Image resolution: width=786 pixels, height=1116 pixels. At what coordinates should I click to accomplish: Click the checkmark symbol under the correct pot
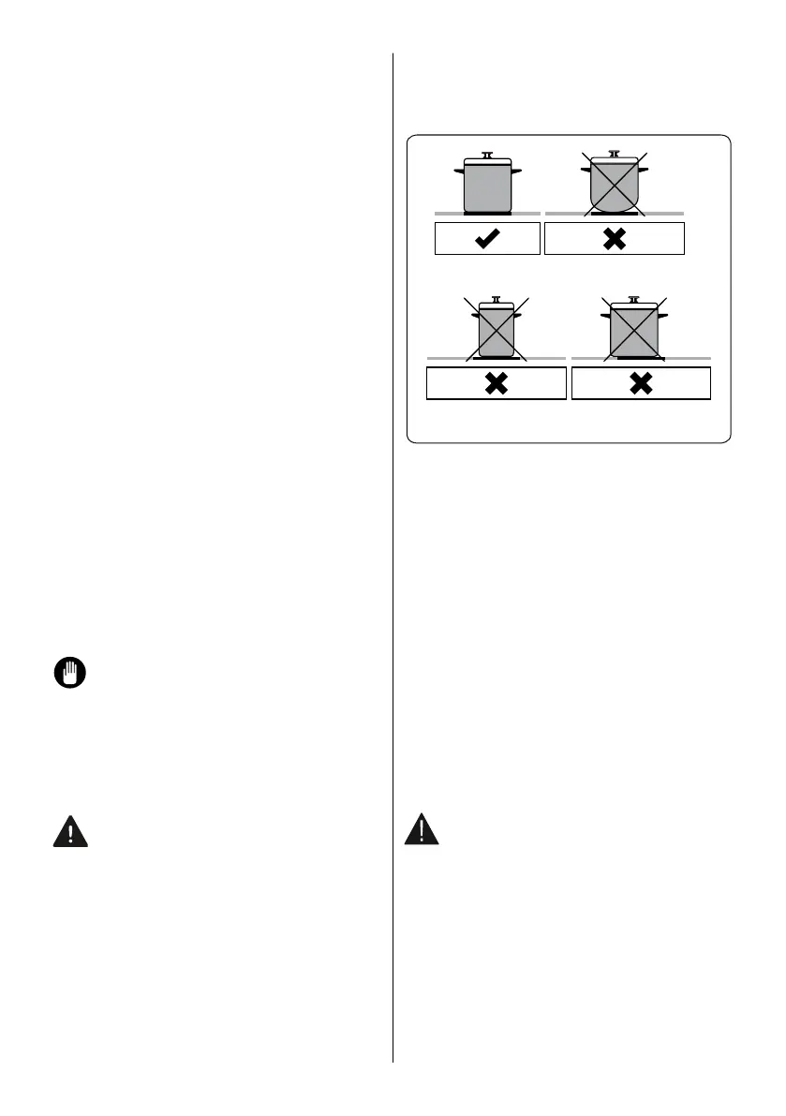tap(488, 240)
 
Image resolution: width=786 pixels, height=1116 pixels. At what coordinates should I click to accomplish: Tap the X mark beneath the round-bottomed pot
tap(614, 240)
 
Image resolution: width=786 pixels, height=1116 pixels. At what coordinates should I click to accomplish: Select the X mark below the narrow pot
tap(497, 384)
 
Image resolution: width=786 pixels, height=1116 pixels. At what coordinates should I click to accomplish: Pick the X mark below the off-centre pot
tap(641, 384)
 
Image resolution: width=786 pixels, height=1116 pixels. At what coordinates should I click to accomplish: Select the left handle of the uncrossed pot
tap(459, 170)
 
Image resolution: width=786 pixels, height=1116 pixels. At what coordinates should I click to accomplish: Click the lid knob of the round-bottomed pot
tap(614, 152)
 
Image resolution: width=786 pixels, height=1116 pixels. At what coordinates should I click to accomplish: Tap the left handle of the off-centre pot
tap(605, 315)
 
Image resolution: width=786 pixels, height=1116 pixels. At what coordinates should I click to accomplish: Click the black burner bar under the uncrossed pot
tap(486, 215)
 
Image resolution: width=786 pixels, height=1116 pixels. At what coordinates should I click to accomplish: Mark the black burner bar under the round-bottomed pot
tap(614, 215)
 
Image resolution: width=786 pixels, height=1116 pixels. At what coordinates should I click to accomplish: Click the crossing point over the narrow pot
tap(497, 330)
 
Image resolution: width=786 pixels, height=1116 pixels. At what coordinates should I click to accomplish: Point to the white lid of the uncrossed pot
tap(486, 161)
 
